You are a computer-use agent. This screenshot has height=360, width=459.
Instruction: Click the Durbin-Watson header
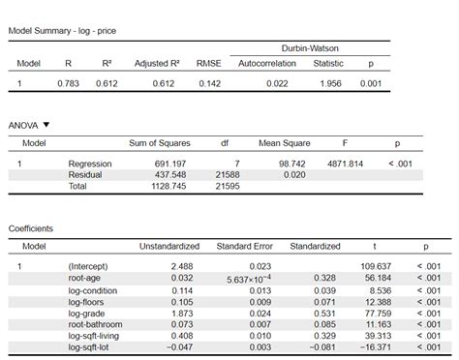[x=309, y=47]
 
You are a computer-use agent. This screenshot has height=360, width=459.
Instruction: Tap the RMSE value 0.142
[x=209, y=84]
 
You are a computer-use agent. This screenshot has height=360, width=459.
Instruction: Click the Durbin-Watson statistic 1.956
[x=328, y=84]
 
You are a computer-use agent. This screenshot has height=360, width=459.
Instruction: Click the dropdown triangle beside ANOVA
[x=46, y=125]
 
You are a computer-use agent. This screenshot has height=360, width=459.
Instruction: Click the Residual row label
[x=85, y=174]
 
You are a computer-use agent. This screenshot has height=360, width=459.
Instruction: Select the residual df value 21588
[x=225, y=174]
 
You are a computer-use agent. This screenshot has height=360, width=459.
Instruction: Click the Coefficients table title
[x=30, y=228]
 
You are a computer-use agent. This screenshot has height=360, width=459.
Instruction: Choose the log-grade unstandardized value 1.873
[x=181, y=313]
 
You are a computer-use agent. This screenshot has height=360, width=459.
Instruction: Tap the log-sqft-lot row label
[x=92, y=346]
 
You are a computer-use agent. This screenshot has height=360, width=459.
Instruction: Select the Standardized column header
[x=315, y=246]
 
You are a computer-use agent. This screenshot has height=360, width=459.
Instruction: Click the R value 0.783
[x=66, y=84]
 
